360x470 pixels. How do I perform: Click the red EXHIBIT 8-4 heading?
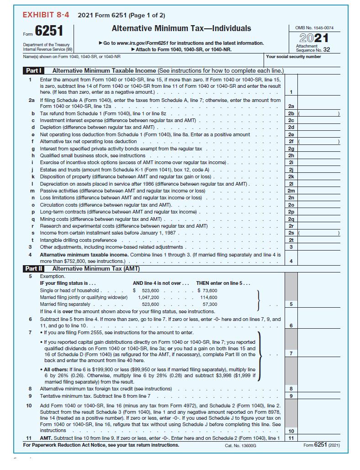[x=46, y=15]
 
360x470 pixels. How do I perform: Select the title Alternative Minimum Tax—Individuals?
[x=181, y=28]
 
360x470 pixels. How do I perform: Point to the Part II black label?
[x=34, y=269]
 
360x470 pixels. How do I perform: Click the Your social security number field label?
[x=293, y=57]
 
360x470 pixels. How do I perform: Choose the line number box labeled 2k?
[x=291, y=176]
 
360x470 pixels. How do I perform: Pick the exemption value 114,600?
[x=209, y=297]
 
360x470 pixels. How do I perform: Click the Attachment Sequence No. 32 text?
[x=313, y=48]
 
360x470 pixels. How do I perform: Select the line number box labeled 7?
[x=291, y=353]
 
